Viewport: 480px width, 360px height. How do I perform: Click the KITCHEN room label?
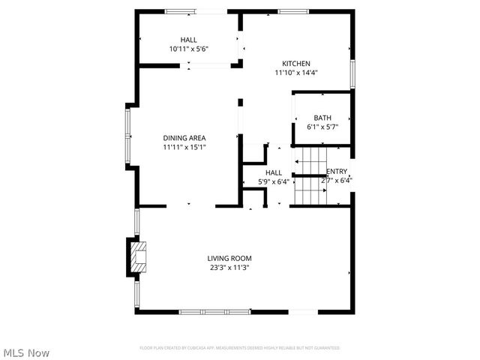click(295, 64)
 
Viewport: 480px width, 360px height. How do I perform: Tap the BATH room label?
click(322, 118)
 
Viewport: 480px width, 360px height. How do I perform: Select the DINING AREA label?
click(184, 138)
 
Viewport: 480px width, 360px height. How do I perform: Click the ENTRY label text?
click(337, 171)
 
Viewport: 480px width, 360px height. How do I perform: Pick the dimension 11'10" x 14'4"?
click(295, 73)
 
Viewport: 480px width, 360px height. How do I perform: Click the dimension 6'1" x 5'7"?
click(322, 127)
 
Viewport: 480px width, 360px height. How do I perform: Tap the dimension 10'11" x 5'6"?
click(188, 49)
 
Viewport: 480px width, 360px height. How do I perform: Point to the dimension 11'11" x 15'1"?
click(184, 147)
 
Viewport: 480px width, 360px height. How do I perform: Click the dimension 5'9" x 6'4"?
click(253, 181)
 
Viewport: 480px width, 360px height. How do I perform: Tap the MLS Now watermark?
click(26, 352)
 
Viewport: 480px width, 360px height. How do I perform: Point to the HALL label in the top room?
click(188, 40)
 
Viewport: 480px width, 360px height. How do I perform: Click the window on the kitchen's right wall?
click(352, 74)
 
